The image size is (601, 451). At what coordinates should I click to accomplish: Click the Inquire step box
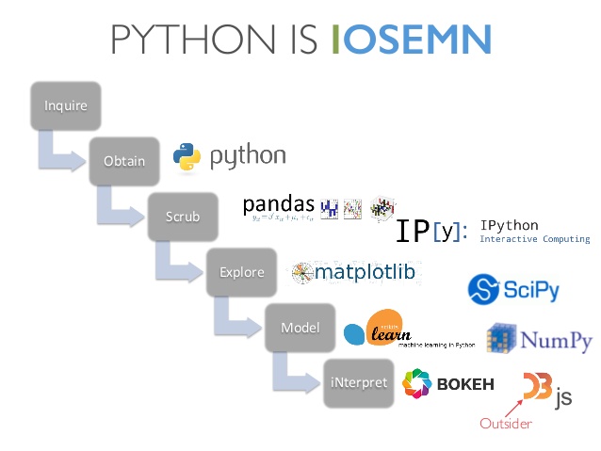click(x=65, y=105)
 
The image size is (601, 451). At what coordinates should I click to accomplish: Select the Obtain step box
click(x=123, y=160)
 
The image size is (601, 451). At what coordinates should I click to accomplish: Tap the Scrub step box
click(x=182, y=216)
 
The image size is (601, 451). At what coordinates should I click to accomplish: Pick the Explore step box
click(x=241, y=272)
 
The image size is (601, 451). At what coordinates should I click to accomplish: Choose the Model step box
click(x=300, y=328)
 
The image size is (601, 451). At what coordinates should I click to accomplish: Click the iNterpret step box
click(x=358, y=382)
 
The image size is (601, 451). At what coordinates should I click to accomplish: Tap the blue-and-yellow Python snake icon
click(x=187, y=156)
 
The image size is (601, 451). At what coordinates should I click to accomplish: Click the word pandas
click(x=279, y=203)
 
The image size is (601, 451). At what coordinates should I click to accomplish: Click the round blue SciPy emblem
click(x=485, y=288)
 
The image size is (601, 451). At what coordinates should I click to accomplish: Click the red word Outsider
click(x=506, y=424)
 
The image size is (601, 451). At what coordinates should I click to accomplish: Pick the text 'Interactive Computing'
click(x=534, y=239)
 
